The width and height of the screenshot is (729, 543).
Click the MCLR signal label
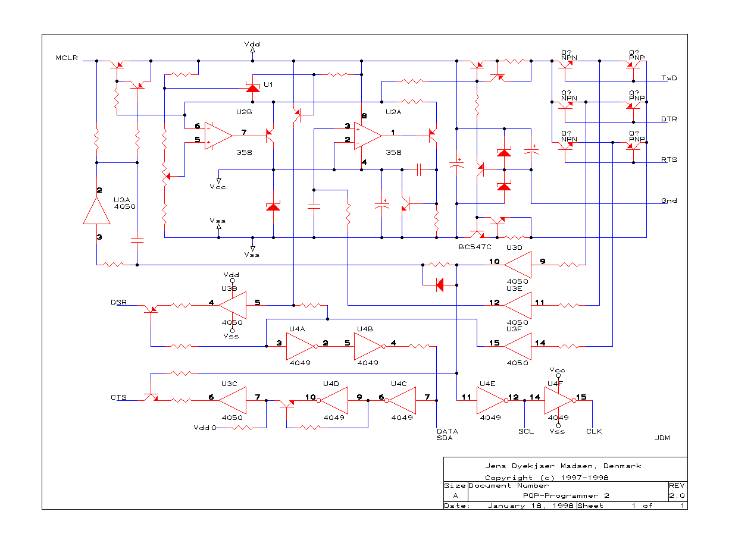click(x=67, y=58)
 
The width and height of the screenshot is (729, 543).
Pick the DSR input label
click(x=118, y=302)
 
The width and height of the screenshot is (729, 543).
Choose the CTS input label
click(x=118, y=397)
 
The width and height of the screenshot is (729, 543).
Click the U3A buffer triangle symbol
click(x=96, y=211)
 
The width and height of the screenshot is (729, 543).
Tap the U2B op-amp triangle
click(x=218, y=136)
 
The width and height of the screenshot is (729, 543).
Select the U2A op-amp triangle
click(x=368, y=136)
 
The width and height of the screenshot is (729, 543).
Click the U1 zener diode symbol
click(x=252, y=87)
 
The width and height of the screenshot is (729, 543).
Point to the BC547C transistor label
click(x=475, y=247)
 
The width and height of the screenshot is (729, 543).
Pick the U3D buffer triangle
click(x=517, y=265)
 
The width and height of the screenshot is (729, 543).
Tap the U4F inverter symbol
click(x=560, y=400)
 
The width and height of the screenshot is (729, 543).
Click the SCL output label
click(x=525, y=431)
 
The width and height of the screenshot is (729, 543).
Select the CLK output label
click(x=594, y=431)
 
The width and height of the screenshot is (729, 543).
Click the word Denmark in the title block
click(x=622, y=466)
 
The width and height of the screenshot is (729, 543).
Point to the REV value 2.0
click(x=677, y=495)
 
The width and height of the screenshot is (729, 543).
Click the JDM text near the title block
click(x=662, y=438)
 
